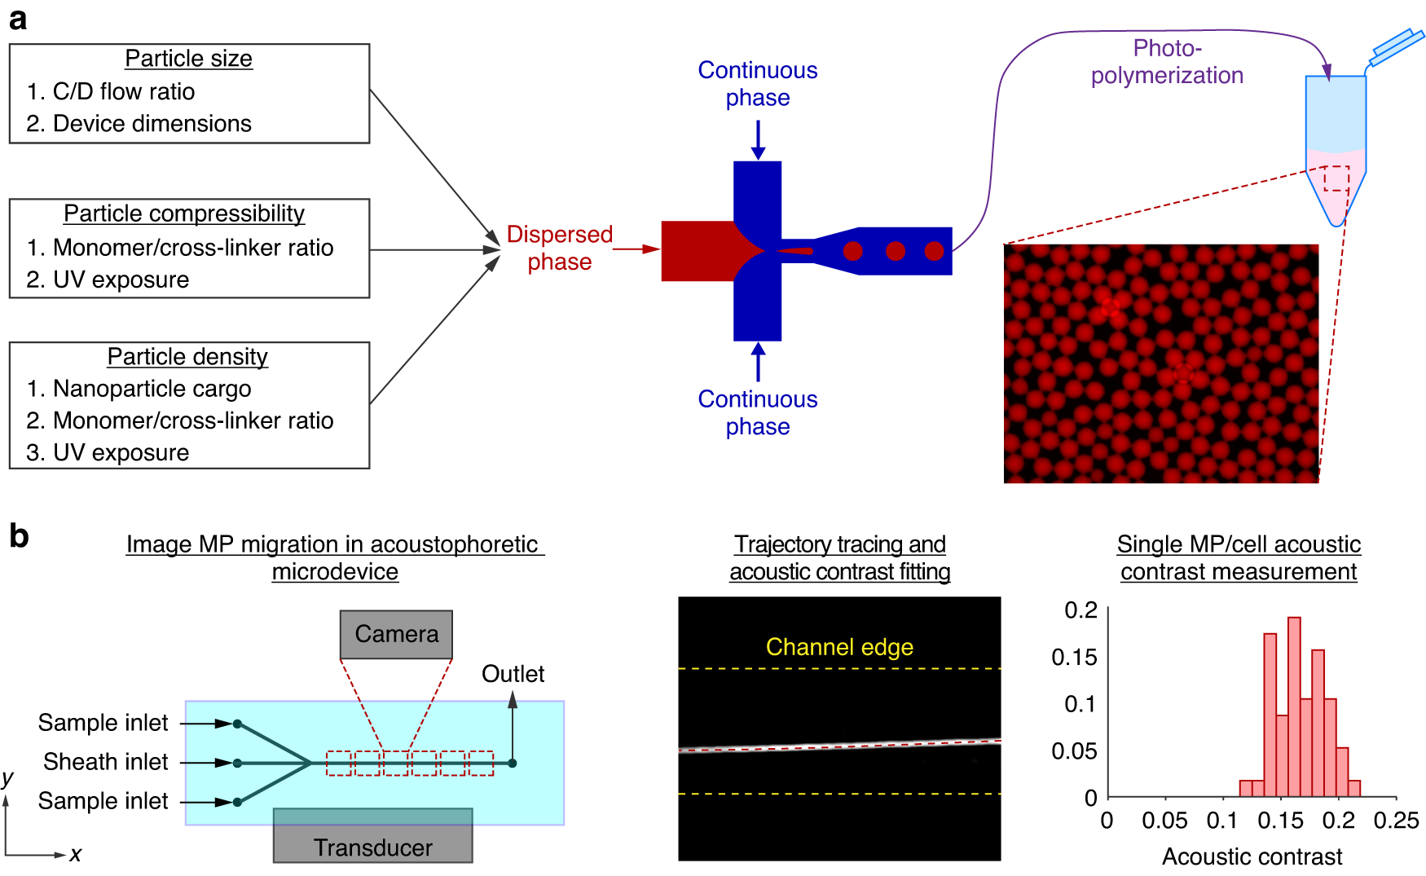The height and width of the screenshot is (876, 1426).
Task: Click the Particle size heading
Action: tap(188, 59)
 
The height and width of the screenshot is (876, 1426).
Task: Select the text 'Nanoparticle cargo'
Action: tap(152, 389)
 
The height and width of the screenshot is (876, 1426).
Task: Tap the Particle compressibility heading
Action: tap(184, 213)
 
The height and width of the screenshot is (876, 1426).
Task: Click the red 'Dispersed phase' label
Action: tap(559, 248)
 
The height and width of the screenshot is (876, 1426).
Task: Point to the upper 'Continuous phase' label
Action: tap(757, 83)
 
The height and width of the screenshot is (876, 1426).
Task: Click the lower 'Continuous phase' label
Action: tap(757, 412)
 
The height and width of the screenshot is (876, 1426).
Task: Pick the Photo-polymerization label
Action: tap(1167, 61)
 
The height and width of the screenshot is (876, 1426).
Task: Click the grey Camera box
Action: tap(396, 634)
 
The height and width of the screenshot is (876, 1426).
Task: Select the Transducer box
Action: tap(372, 839)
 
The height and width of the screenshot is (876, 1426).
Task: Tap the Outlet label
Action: tap(513, 674)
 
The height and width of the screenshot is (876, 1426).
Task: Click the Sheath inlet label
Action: tap(105, 762)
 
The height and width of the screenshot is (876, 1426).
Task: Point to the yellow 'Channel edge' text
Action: tap(839, 647)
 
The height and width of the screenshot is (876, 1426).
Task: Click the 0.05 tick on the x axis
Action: tap(1164, 821)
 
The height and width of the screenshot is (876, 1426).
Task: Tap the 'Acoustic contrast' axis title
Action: tap(1252, 856)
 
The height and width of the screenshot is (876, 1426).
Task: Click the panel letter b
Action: tap(19, 536)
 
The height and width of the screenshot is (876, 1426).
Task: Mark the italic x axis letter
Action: tap(75, 854)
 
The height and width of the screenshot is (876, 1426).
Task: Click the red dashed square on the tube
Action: tap(1336, 178)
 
